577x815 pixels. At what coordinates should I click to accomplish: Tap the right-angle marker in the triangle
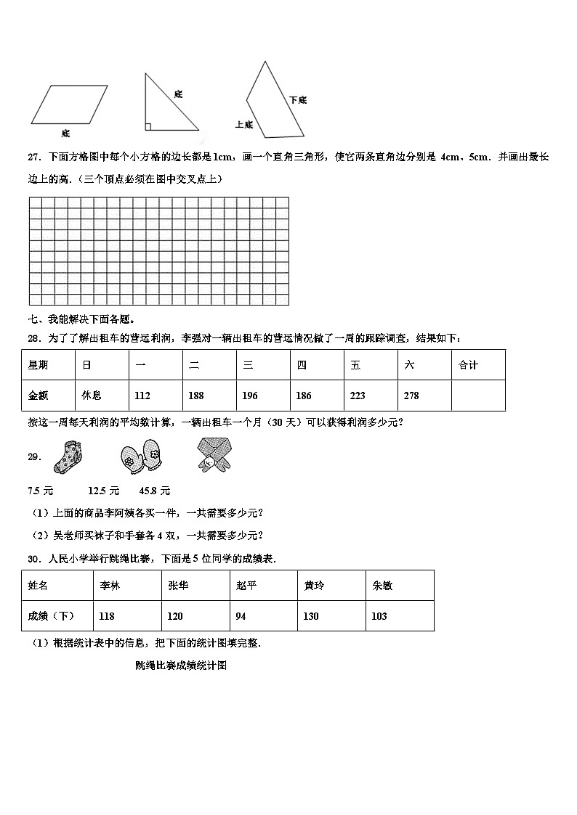coord(148,127)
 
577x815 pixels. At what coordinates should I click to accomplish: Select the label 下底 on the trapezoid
coord(297,100)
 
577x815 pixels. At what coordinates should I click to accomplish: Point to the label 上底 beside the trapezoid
coord(244,125)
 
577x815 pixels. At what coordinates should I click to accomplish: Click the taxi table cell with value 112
coord(143,396)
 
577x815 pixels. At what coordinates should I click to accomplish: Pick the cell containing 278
coord(411,396)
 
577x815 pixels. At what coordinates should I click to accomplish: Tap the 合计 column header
coord(469,365)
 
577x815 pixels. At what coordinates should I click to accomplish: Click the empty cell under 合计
coord(477,396)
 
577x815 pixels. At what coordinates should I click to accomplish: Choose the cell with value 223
coord(358,396)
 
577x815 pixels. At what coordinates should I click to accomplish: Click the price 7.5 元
coord(40,490)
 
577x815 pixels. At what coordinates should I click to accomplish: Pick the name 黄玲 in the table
coord(314,586)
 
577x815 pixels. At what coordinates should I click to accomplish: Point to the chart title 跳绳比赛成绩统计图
coord(181,665)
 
